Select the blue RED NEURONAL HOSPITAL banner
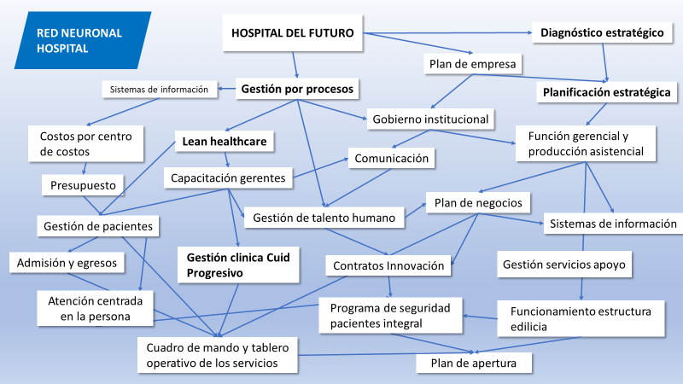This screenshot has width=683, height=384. [80, 41]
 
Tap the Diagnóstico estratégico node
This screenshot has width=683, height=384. [602, 34]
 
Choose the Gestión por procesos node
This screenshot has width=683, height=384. [297, 88]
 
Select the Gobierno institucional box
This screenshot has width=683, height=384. [430, 119]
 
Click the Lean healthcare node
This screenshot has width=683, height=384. [225, 141]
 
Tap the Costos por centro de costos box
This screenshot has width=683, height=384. [81, 143]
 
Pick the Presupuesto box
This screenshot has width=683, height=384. [84, 183]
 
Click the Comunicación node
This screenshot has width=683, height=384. [391, 158]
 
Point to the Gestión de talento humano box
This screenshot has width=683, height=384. [324, 218]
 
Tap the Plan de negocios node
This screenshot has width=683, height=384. [478, 203]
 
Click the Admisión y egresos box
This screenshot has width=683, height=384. [67, 262]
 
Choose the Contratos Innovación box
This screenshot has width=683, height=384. [388, 265]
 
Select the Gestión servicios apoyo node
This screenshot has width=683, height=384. [564, 265]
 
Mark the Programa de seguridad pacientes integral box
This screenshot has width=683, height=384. [391, 313]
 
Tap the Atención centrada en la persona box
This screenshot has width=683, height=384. [96, 309]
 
